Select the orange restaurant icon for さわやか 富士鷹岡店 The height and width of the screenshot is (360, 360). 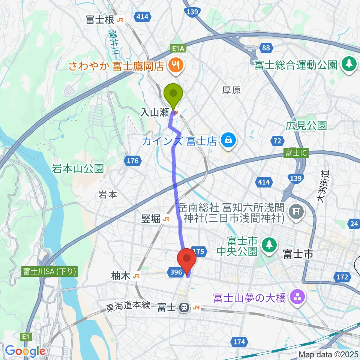pos(174,66)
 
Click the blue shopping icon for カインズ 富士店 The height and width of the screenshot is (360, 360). pos(227,141)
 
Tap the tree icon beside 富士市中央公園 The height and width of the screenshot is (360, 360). pos(268,245)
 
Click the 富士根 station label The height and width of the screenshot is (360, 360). pos(100,20)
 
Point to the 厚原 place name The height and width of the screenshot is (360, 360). pos(231,90)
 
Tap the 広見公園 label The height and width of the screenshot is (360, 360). pos(306,125)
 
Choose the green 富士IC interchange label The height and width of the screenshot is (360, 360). pos(295,154)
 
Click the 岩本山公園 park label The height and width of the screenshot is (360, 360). pos(78,169)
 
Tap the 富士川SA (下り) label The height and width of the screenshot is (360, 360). pos(50,271)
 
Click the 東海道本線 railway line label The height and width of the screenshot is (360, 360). pos(128,306)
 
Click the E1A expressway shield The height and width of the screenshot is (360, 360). pos(179,48)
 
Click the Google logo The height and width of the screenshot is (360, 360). pos(25,351)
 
